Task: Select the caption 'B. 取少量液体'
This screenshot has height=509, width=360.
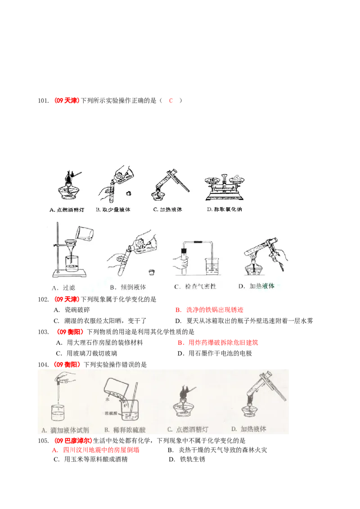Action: [113, 210]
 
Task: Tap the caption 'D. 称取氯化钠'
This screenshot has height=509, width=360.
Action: [224, 210]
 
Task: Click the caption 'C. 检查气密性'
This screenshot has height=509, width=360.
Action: [194, 286]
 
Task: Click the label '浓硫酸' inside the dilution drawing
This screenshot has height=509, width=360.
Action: [111, 412]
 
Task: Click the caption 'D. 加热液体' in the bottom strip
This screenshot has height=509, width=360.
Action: [248, 429]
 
